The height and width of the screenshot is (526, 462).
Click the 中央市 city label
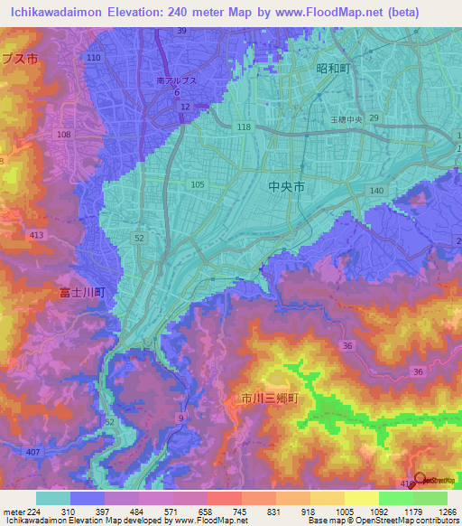click(287, 187)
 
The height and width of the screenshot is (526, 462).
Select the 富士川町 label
click(83, 293)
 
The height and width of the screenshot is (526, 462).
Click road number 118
click(244, 128)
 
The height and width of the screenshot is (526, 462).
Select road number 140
click(376, 191)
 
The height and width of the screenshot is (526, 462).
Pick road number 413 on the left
click(36, 235)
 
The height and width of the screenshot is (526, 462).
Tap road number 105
click(198, 184)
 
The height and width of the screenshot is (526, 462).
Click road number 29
click(374, 118)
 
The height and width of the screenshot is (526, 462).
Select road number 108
click(63, 135)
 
